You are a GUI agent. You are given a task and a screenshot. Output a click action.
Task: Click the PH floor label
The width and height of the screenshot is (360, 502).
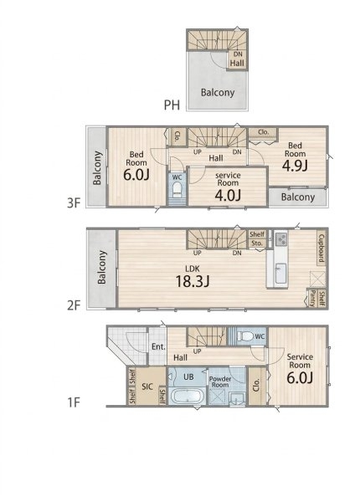[x=172, y=105]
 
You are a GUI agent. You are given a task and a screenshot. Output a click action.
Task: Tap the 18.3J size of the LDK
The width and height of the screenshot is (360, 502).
[x=193, y=281]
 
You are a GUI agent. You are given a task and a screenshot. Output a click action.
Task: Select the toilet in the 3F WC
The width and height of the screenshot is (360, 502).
[x=177, y=190]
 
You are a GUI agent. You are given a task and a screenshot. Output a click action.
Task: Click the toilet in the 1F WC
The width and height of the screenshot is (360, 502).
[x=245, y=336]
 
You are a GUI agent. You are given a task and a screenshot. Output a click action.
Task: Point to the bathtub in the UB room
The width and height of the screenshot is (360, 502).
[x=188, y=396]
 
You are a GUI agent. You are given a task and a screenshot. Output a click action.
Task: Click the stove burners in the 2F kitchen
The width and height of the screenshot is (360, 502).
[x=281, y=239]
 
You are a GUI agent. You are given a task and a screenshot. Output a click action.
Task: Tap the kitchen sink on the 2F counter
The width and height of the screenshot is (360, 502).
[x=281, y=273]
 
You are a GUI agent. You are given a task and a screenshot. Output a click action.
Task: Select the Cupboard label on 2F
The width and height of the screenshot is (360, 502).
[x=321, y=248]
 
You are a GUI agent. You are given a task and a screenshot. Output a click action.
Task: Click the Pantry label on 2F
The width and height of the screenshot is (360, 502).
[x=312, y=299]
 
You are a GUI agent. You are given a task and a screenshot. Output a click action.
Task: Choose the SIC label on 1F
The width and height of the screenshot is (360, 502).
[x=147, y=387]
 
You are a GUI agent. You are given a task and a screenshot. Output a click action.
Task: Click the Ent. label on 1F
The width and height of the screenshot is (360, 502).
[x=158, y=346]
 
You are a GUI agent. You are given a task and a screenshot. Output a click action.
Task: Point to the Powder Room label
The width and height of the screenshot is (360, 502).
[x=220, y=382]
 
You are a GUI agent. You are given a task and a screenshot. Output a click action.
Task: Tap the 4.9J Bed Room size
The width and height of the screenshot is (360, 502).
[x=295, y=165]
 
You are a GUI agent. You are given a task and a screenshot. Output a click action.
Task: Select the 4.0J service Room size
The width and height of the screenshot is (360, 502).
[x=228, y=195]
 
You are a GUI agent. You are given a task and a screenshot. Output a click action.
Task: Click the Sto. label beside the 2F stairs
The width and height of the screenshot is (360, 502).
[x=256, y=243]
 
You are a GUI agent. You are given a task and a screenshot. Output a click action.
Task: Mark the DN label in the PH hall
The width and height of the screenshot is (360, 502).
[x=238, y=54]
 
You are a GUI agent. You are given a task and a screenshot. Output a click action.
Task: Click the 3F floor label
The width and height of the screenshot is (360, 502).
[x=74, y=202]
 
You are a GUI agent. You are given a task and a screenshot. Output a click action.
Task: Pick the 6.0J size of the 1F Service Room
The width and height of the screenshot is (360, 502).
[x=300, y=378]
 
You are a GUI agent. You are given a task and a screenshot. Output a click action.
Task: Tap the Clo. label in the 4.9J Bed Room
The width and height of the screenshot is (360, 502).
[x=263, y=132]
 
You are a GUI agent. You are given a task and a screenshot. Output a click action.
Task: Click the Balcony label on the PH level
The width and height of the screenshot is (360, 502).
[x=218, y=93]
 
